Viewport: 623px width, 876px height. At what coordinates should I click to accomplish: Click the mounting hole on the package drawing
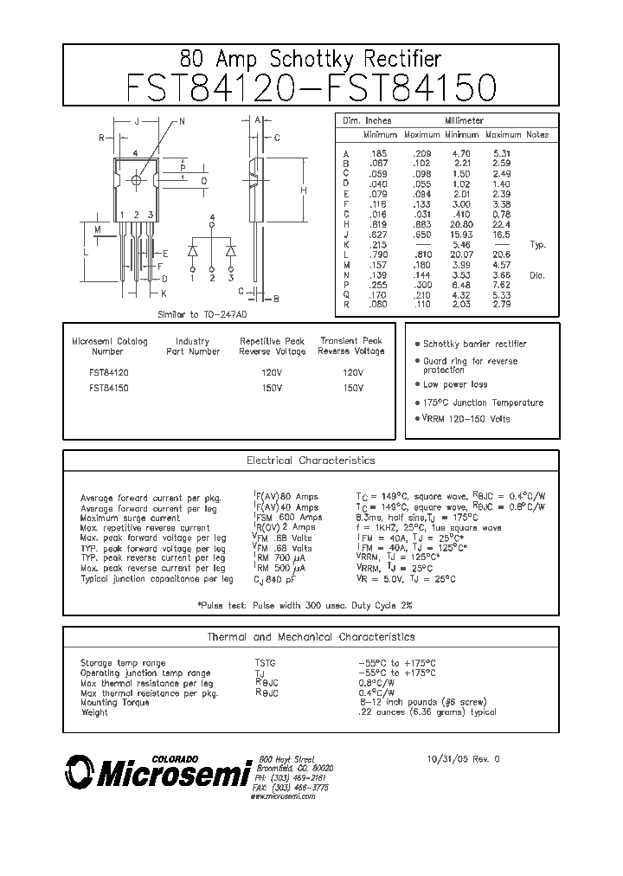click(137, 180)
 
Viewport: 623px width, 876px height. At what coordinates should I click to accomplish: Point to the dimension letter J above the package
click(136, 122)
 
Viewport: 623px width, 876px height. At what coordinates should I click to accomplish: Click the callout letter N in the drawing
click(182, 122)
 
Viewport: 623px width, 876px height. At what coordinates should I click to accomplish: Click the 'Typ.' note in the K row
click(537, 245)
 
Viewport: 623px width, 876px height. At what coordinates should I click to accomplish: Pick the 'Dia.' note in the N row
click(537, 274)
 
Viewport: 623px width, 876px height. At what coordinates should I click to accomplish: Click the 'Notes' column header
click(537, 135)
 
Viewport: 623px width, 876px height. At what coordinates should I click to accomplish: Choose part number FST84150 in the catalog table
click(109, 389)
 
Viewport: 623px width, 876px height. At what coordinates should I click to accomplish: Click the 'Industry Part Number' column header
click(192, 346)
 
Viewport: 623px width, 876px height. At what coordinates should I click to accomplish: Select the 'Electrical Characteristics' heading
click(311, 461)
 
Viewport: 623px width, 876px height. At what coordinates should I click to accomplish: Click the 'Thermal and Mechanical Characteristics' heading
click(311, 636)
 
